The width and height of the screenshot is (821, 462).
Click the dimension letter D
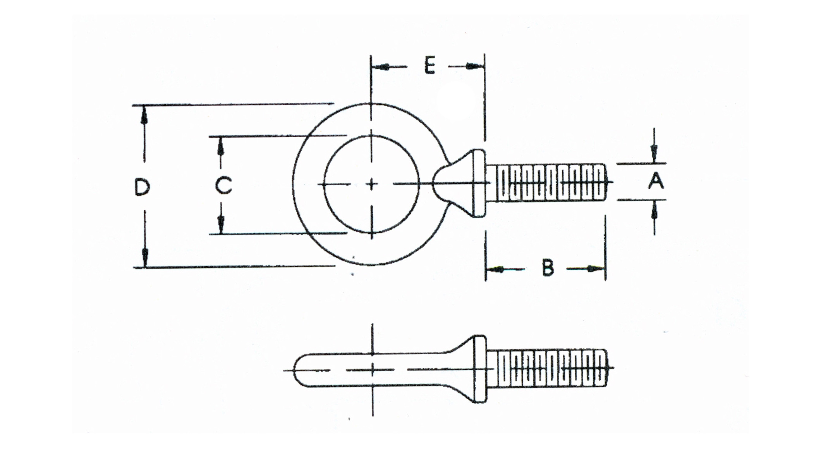click(x=142, y=186)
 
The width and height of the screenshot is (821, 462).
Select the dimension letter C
click(x=223, y=185)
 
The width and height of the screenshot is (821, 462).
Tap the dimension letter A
click(x=656, y=181)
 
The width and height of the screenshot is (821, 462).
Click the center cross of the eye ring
click(x=372, y=184)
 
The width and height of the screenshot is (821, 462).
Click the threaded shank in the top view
click(x=550, y=182)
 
